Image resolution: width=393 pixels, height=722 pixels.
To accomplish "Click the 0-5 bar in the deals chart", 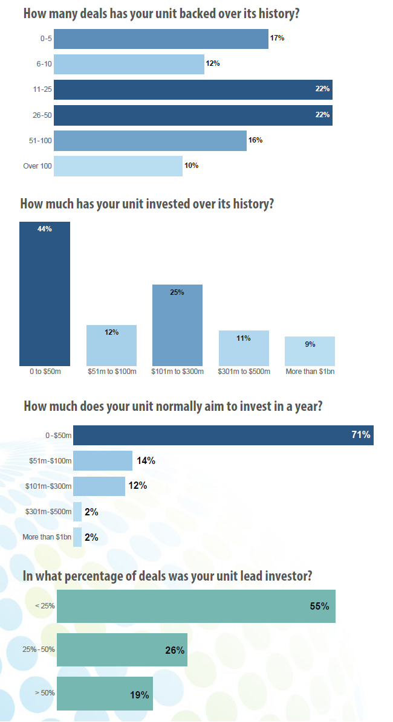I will (161, 39).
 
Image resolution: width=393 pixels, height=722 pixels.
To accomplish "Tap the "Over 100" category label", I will (37, 166).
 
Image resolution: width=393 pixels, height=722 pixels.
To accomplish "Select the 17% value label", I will (277, 38).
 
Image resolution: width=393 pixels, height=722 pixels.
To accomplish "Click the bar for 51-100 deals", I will (150, 141).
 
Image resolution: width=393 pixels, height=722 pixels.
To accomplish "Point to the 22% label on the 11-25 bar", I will (322, 89).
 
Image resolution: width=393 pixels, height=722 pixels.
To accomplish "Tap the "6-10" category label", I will (44, 64).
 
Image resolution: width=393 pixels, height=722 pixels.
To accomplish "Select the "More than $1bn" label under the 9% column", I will (310, 372).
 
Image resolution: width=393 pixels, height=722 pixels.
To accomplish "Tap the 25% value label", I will (177, 292).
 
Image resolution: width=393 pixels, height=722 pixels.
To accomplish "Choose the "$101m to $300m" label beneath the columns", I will (177, 372).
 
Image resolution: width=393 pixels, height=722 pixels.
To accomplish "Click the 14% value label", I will (146, 461).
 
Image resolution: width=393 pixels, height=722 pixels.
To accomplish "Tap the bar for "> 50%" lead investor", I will (104, 694).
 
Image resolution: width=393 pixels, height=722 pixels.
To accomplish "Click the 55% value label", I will (319, 606).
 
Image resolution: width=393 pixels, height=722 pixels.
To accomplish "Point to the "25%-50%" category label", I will (37, 650).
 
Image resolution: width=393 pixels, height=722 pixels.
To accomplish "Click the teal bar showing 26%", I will (121, 650).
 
